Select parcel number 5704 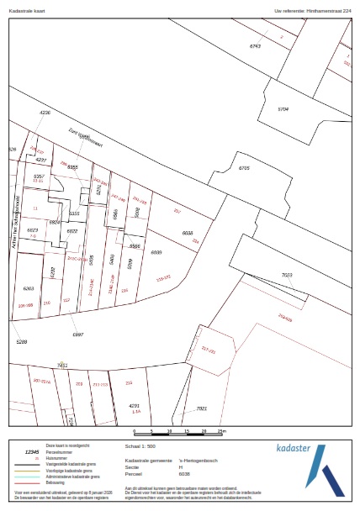[x=283, y=109]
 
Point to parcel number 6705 [x=244, y=169]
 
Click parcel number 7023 [x=286, y=275]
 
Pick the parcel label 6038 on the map [x=188, y=232]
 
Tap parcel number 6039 [x=156, y=251]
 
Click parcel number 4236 [x=45, y=112]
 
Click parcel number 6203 [x=28, y=287]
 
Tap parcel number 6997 [x=78, y=335]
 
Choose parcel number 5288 [x=22, y=342]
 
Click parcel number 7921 [x=201, y=408]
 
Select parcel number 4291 [x=134, y=406]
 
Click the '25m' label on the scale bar [x=221, y=432]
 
